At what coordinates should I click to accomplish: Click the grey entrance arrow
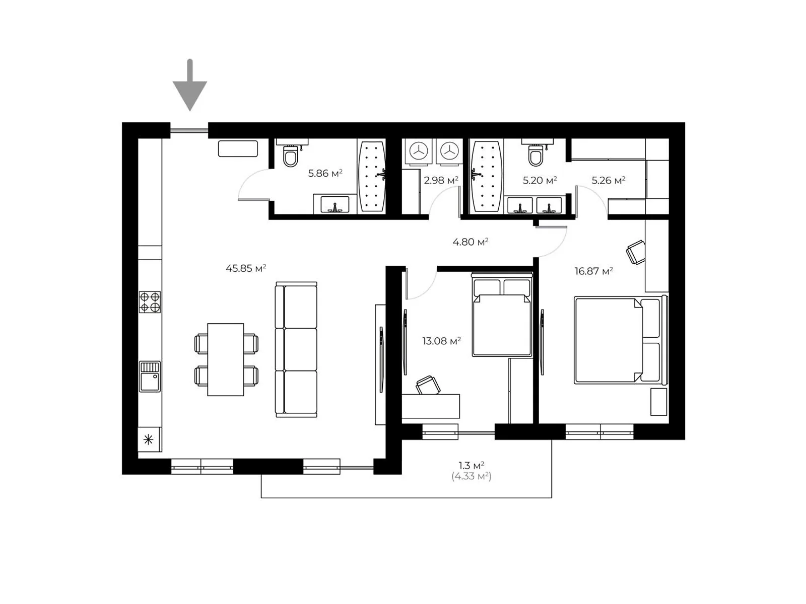point(190,85)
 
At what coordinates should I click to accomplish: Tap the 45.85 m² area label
point(246,268)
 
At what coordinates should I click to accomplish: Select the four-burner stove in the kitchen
point(150,302)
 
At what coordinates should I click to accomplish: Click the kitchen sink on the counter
point(150,376)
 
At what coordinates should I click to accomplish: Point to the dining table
point(226,359)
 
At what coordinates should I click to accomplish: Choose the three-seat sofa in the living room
point(296,349)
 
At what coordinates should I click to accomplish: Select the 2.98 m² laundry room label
point(441,180)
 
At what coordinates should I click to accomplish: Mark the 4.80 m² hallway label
point(471,242)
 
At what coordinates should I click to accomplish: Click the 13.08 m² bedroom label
point(441,341)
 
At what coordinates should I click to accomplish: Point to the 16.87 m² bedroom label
point(594,271)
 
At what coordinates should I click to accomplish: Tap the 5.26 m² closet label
point(609,180)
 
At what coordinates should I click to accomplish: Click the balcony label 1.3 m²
point(472,466)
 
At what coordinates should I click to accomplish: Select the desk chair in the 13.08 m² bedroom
point(428,386)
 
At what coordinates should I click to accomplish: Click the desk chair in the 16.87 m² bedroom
point(636,252)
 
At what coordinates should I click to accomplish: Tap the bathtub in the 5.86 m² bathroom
point(372,177)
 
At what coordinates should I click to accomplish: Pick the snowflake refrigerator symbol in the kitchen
point(148,439)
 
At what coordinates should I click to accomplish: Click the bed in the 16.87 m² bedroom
point(621,340)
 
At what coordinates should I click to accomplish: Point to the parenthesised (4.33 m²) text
point(472,476)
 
